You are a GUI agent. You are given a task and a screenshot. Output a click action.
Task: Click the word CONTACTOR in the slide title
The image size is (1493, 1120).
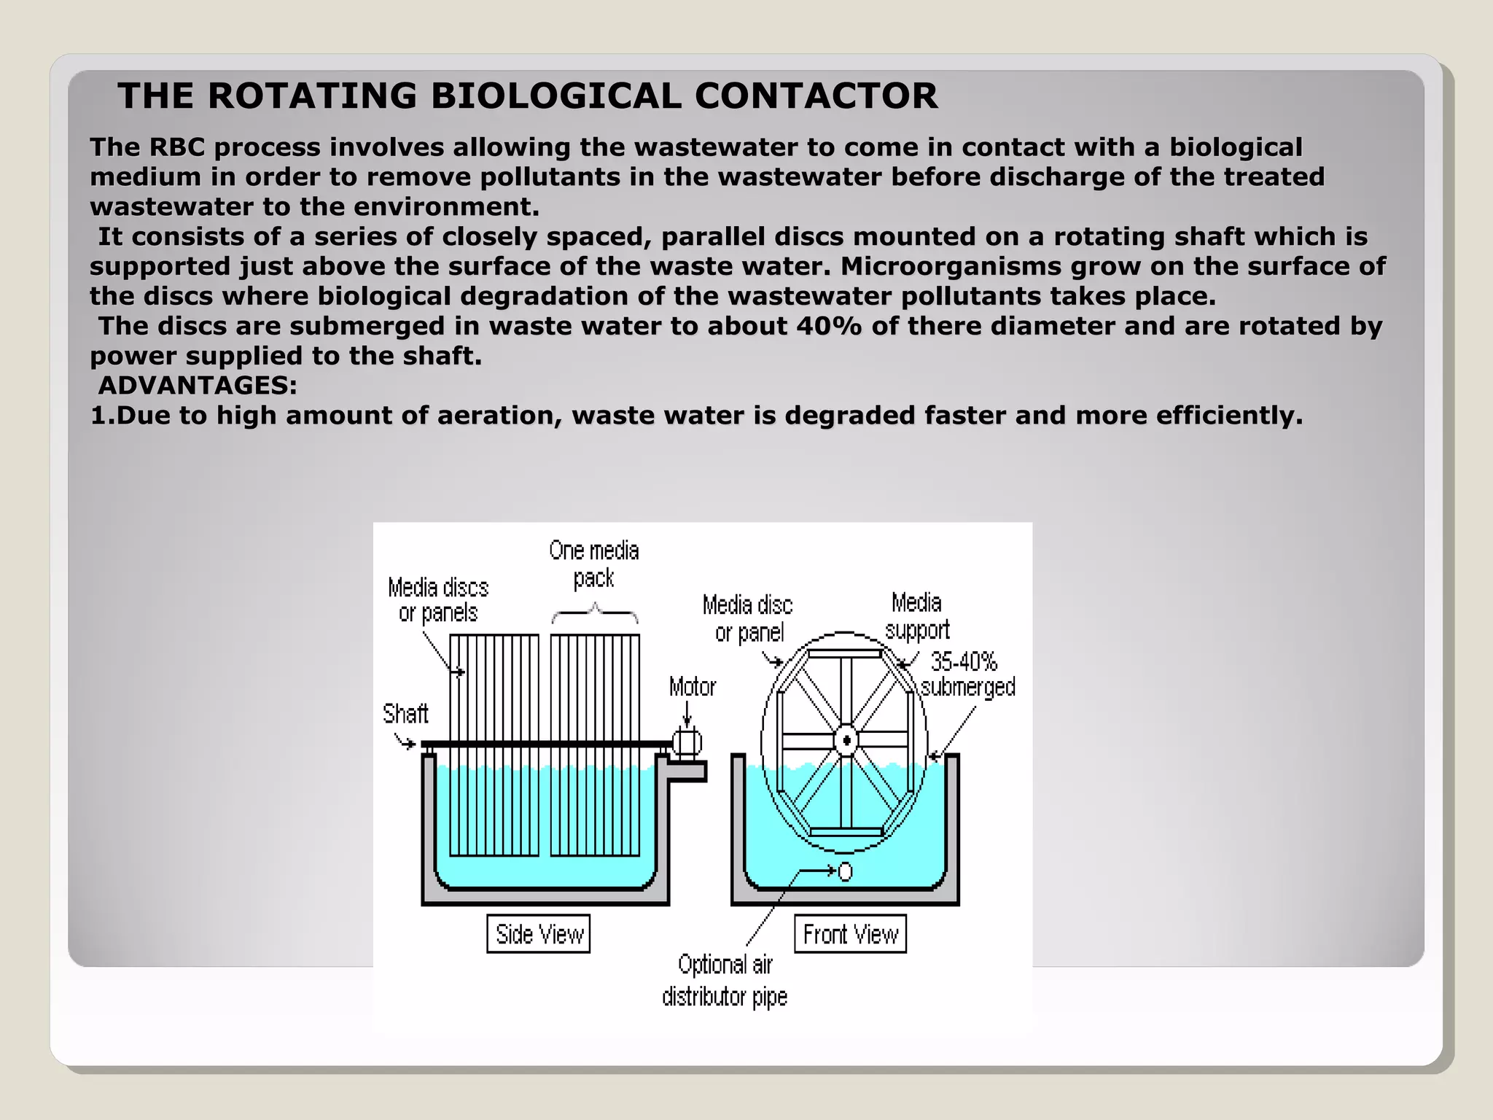pos(816,96)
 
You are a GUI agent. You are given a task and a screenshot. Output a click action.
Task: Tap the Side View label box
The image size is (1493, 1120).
pos(539,934)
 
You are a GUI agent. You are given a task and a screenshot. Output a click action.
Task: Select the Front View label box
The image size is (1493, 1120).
pos(850,934)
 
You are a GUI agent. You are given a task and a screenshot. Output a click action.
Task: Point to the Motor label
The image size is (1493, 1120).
pos(693,687)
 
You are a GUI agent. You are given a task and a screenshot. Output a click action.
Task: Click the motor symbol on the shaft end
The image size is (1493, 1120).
pos(687,743)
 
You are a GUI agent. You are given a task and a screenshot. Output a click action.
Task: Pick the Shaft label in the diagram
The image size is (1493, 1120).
pos(405,713)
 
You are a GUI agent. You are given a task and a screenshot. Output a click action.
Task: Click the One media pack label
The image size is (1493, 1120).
pos(594,564)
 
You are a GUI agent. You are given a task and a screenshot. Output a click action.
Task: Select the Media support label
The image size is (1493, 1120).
pos(917,616)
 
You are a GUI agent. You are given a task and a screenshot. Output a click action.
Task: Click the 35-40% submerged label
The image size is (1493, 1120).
pos(967,674)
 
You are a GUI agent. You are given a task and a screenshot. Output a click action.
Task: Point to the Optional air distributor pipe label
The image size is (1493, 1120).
pos(725,981)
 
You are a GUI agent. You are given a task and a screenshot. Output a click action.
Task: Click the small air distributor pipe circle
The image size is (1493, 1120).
pos(846,871)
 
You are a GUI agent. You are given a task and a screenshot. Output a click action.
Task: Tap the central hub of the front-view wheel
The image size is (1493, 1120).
pos(846,741)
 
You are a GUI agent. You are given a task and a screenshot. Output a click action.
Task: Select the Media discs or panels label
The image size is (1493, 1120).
pos(438,600)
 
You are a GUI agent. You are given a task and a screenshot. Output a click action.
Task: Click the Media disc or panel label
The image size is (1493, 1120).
pos(748,618)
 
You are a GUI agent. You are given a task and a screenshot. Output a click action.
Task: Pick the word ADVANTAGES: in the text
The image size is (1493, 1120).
pos(198,385)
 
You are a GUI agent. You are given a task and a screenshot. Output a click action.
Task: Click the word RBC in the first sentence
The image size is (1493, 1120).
pos(177,147)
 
